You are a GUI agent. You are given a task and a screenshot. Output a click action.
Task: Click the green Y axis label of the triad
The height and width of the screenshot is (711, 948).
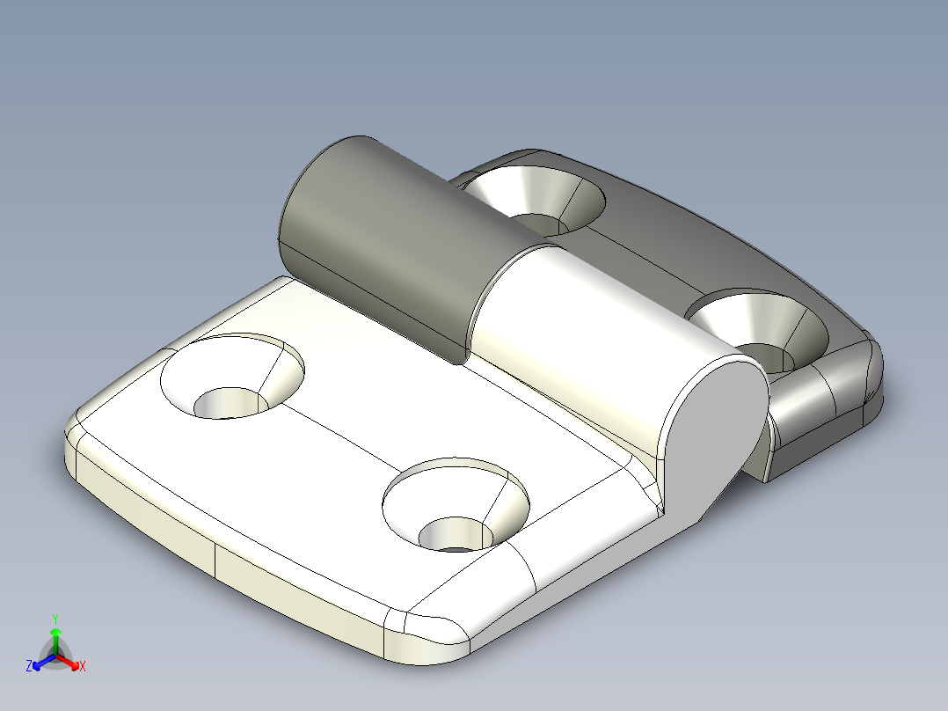(x=55, y=619)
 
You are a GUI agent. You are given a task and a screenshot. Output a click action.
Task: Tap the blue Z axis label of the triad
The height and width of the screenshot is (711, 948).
(x=29, y=666)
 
